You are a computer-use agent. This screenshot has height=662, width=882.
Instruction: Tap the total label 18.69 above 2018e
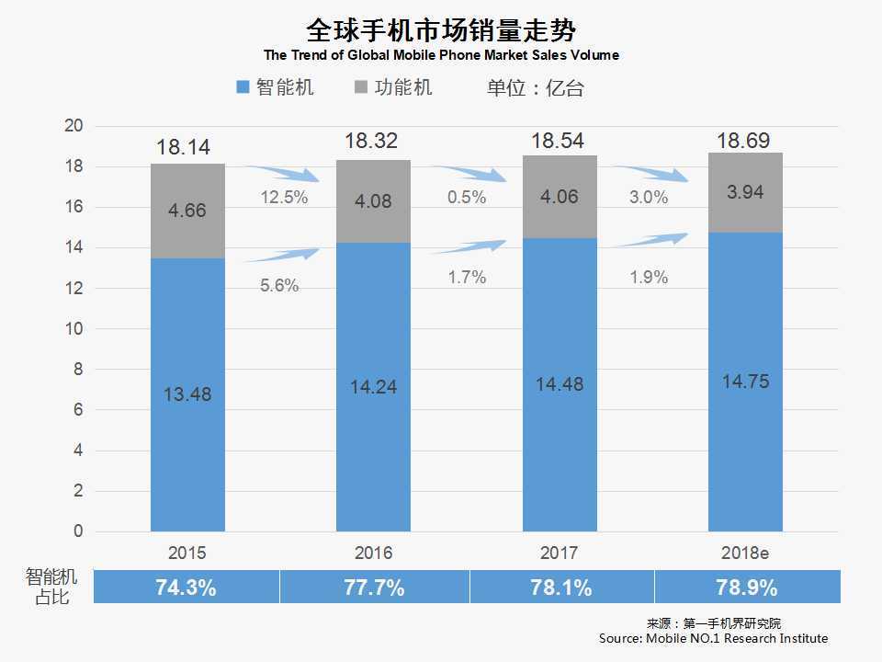tap(745, 140)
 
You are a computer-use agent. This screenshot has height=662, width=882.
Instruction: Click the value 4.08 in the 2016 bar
tap(373, 200)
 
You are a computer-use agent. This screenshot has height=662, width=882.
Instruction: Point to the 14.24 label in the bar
tap(373, 387)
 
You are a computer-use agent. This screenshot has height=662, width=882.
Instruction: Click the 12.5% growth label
tap(284, 198)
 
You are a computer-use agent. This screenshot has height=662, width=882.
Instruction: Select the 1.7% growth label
tap(467, 277)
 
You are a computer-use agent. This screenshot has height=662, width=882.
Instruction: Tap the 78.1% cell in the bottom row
tap(560, 588)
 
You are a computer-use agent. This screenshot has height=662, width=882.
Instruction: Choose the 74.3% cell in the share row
tap(187, 588)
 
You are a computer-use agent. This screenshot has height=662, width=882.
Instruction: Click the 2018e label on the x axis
tap(744, 554)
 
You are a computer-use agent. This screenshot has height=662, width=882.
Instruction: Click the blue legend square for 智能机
tap(243, 87)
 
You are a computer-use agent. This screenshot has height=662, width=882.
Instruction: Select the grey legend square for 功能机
tap(360, 87)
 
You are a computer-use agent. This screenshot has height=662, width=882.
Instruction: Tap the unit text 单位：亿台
tap(535, 88)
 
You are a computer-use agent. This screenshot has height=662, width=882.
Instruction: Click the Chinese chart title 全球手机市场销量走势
tap(440, 29)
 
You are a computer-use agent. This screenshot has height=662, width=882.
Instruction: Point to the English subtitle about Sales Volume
tap(441, 55)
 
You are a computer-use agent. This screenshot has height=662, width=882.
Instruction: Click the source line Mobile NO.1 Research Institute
tap(713, 638)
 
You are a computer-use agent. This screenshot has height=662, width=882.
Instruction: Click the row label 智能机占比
tap(51, 587)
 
